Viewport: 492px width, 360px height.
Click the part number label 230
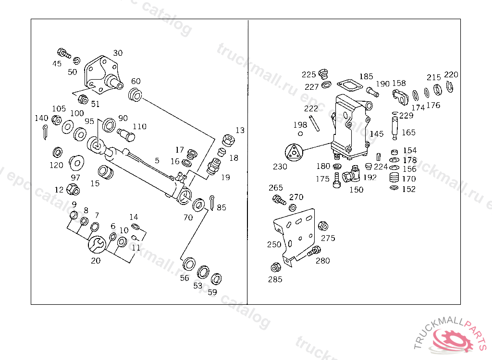(x=280, y=167)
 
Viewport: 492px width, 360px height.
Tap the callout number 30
(x=118, y=53)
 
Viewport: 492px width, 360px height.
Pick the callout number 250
(x=274, y=244)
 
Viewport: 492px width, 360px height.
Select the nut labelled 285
(x=276, y=267)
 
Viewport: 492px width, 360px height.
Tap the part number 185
(x=366, y=76)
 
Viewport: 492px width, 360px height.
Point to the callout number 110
(x=140, y=127)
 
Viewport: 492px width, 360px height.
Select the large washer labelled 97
(x=75, y=163)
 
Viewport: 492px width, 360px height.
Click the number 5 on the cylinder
(x=157, y=160)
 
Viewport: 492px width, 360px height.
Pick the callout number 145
(x=377, y=134)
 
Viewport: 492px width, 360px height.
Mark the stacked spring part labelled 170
(x=394, y=178)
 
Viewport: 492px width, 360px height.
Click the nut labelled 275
(x=323, y=226)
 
